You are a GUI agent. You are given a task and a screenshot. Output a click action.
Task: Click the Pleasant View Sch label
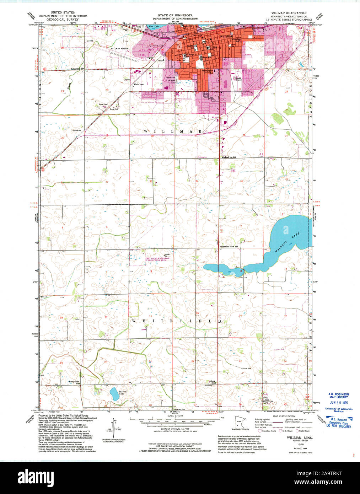pos(229,246)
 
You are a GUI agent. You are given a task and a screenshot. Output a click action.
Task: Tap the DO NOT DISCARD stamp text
pos(338,426)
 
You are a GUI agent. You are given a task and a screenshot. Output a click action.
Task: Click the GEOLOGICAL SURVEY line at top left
pos(57,20)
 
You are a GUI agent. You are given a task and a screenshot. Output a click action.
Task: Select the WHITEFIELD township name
pos(177,321)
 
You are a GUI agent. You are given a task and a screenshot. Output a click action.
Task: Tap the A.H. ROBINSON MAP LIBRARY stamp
pos(338,396)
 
